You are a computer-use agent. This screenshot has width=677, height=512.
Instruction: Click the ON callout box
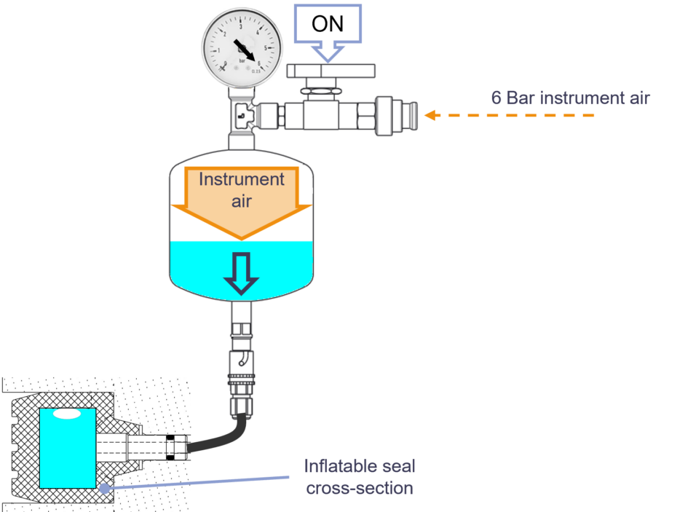coord(327,23)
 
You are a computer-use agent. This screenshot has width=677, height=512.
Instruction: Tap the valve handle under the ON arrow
coord(331,71)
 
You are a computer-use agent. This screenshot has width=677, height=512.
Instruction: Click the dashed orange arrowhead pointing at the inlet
coord(430,115)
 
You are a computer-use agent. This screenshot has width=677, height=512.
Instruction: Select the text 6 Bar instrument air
coord(569,98)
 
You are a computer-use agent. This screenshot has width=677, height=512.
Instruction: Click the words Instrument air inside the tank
coord(241,189)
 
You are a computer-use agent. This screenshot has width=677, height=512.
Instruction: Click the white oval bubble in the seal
coord(67,414)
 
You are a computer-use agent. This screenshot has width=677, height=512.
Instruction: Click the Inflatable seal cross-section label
coord(360,477)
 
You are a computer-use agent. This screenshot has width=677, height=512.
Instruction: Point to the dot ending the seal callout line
coord(105,489)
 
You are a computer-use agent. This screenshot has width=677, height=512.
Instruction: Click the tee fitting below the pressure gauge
coord(240,115)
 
